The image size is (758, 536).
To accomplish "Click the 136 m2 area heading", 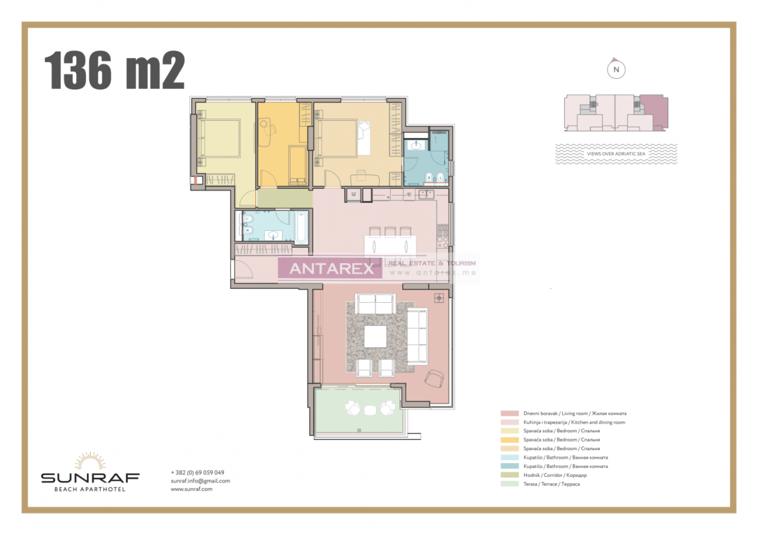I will click(114, 70).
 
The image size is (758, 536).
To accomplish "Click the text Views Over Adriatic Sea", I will click(616, 153).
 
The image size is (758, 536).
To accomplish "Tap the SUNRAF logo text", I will click(90, 477).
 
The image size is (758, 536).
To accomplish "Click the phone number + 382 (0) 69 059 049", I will click(197, 472).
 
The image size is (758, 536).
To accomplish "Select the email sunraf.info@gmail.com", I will click(200, 480).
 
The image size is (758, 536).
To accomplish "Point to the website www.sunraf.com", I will click(191, 489).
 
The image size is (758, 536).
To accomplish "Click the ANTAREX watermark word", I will click(332, 269).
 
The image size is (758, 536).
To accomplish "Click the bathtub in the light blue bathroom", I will click(301, 227).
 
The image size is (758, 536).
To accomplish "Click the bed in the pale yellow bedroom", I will click(219, 138).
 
